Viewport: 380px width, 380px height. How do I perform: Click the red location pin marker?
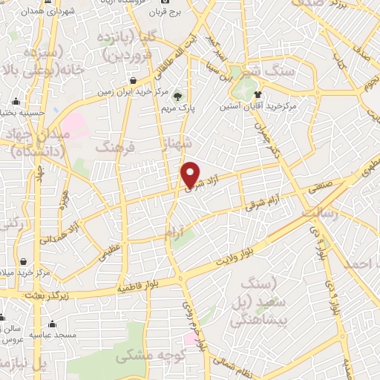(191, 174)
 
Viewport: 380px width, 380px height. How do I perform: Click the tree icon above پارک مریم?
(177, 95)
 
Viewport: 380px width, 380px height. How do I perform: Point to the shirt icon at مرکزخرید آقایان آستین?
(258, 94)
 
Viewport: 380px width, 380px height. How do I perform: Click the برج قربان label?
(166, 13)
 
